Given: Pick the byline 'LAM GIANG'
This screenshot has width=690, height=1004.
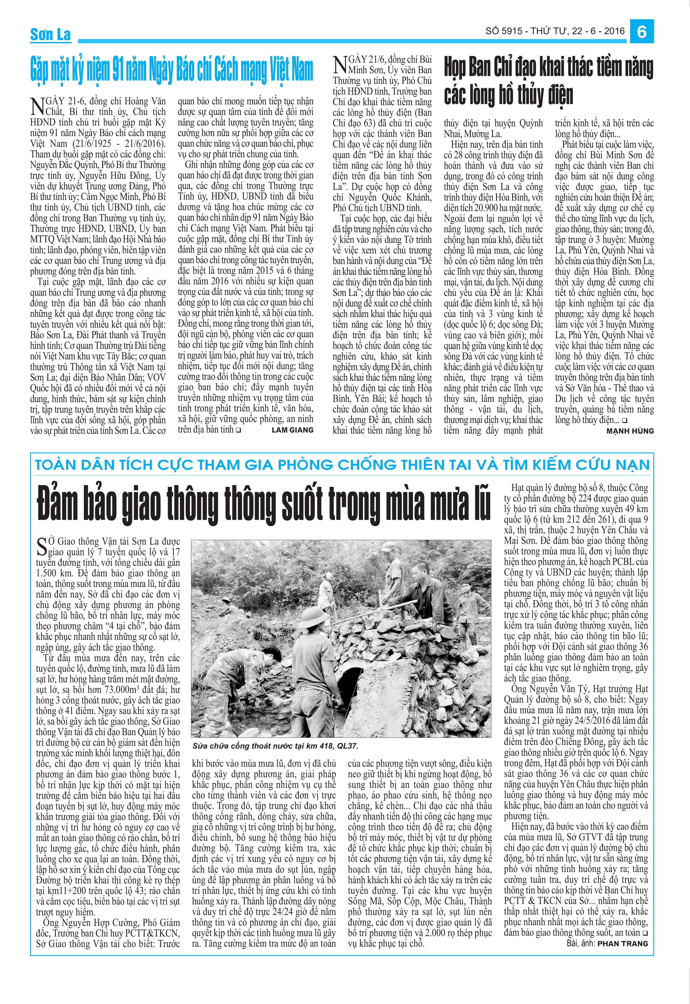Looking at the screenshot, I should tap(292, 430).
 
